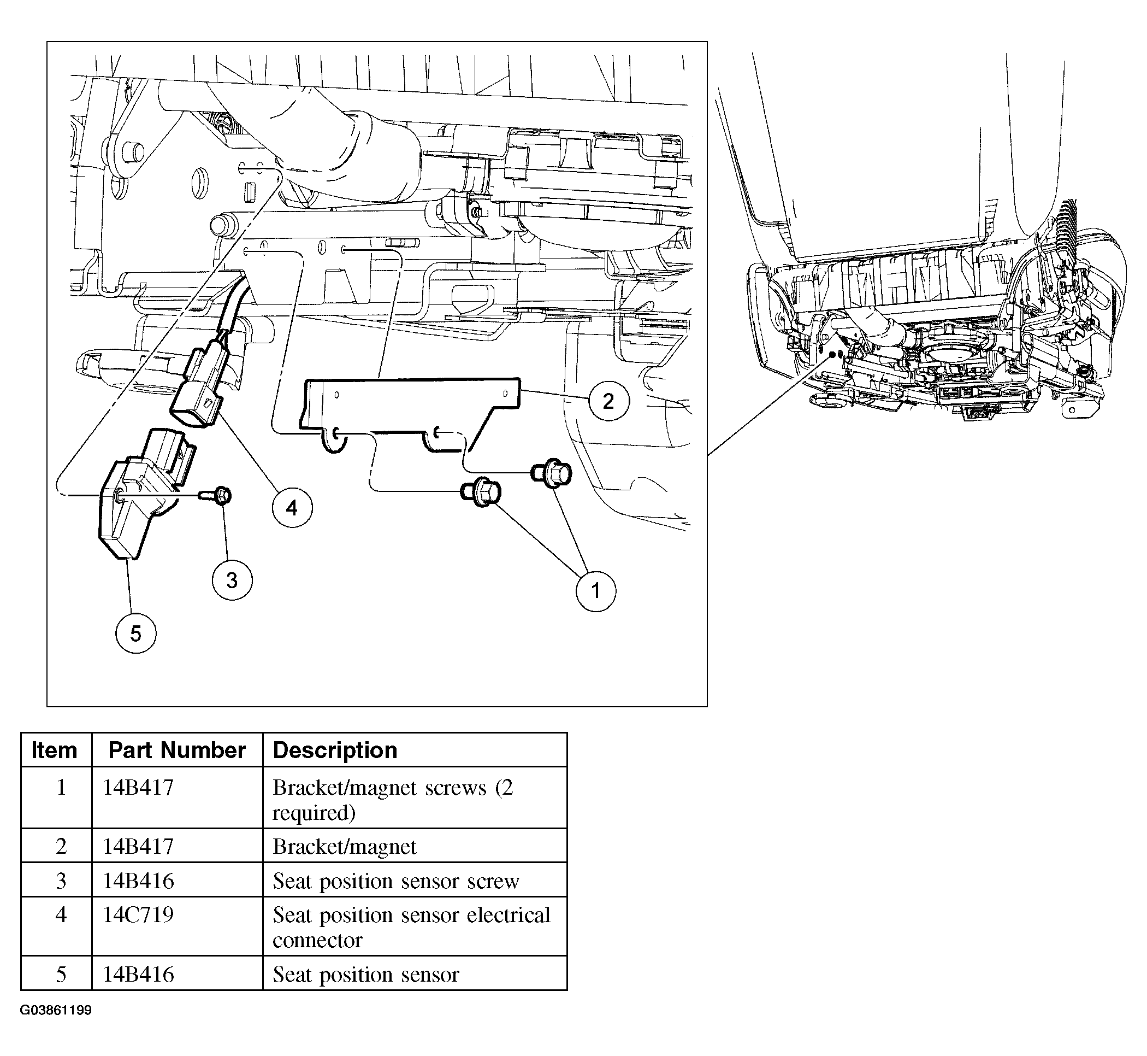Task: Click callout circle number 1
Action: click(x=595, y=591)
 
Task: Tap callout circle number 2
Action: click(x=608, y=401)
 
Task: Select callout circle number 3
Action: click(x=232, y=580)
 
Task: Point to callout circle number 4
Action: click(x=292, y=507)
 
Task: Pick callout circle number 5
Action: click(x=136, y=633)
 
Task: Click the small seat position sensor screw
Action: click(x=216, y=495)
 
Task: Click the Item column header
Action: click(x=54, y=750)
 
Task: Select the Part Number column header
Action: click(x=177, y=750)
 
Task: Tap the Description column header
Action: click(x=335, y=750)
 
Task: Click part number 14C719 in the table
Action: click(x=138, y=915)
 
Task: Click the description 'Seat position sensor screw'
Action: click(x=395, y=881)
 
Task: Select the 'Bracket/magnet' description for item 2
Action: click(x=344, y=846)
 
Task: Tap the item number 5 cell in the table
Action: click(x=56, y=974)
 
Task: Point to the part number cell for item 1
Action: click(x=177, y=797)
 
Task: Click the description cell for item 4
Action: click(x=415, y=926)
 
